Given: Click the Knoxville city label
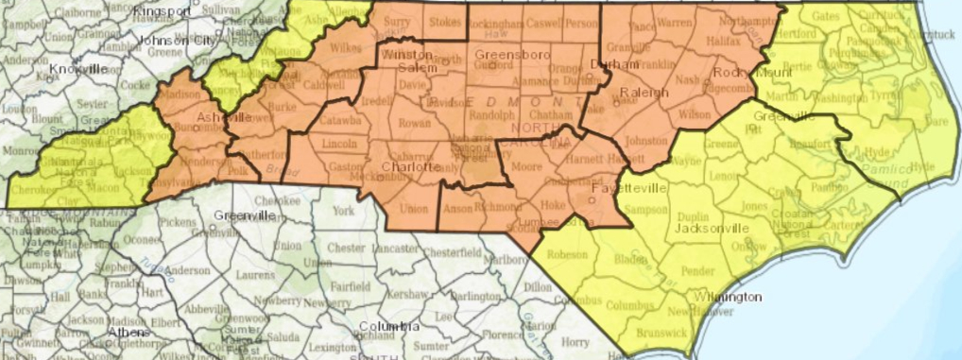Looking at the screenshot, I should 79,70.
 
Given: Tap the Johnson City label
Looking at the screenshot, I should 176,41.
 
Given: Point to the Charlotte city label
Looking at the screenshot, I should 410,167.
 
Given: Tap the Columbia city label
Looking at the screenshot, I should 387,327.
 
